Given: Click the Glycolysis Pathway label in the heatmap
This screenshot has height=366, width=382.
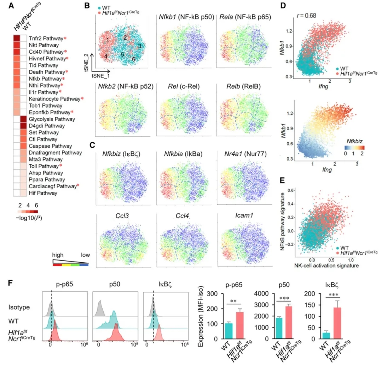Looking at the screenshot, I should [x=47, y=119].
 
